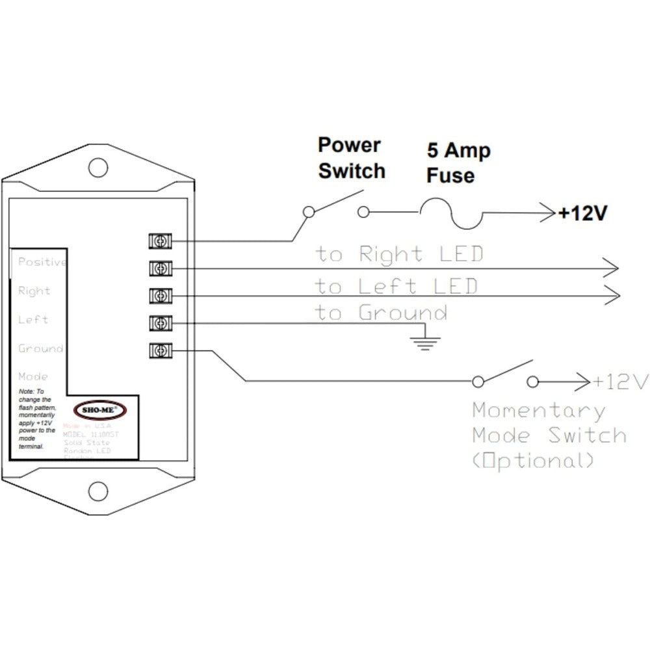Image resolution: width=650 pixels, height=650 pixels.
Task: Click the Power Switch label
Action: click(x=351, y=158)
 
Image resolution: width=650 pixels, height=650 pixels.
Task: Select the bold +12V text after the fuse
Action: click(x=582, y=213)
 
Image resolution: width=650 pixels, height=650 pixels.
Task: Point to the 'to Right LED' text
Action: click(x=400, y=253)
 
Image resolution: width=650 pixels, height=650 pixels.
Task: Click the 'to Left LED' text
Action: click(x=396, y=285)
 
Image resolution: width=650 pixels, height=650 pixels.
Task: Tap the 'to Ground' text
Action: click(x=382, y=313)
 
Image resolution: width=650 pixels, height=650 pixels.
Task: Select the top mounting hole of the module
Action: click(x=98, y=167)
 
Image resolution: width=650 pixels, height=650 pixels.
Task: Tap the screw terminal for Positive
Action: click(x=159, y=242)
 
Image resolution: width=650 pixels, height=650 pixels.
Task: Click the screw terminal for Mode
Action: click(x=159, y=350)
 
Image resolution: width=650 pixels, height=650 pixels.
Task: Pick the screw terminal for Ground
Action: click(x=159, y=323)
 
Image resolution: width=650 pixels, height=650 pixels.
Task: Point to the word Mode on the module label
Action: click(x=33, y=376)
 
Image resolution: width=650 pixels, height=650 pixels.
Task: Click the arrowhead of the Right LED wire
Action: click(x=611, y=266)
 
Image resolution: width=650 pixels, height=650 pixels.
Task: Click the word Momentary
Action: click(x=539, y=411)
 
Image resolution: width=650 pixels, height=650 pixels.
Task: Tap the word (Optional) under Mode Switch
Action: click(x=533, y=461)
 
